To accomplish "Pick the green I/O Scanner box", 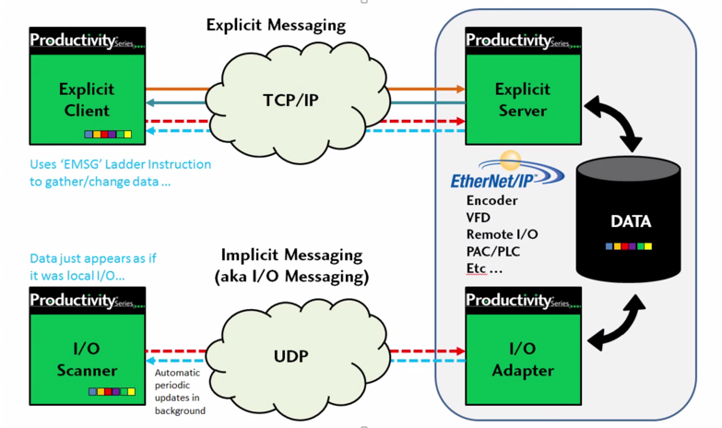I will [84, 360].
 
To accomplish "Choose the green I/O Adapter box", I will [523, 360].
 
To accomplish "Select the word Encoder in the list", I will [491, 200].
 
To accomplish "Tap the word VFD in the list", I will [479, 218].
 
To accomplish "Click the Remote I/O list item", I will [502, 234].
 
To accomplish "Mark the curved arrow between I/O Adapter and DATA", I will [616, 319].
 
